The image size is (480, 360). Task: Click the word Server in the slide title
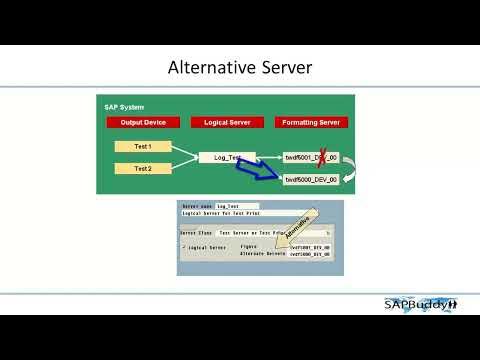tap(287, 68)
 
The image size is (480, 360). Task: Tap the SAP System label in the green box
tap(124, 106)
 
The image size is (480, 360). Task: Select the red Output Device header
tap(143, 122)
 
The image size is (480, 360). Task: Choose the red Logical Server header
tap(227, 122)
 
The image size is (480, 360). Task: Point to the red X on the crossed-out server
tap(323, 156)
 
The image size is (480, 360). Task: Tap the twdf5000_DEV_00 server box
tap(311, 180)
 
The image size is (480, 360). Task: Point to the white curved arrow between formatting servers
tap(351, 168)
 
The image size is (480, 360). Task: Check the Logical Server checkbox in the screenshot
tap(184, 246)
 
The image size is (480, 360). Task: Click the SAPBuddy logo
tap(420, 304)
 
